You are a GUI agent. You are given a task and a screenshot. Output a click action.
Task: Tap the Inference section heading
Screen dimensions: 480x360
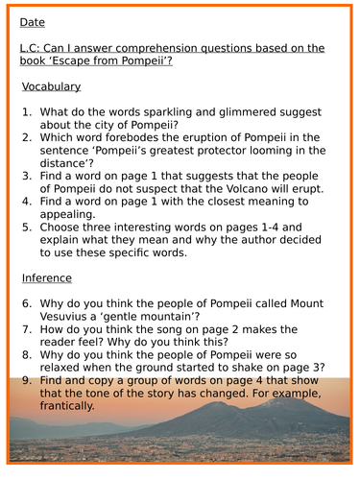[x=46, y=278]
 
